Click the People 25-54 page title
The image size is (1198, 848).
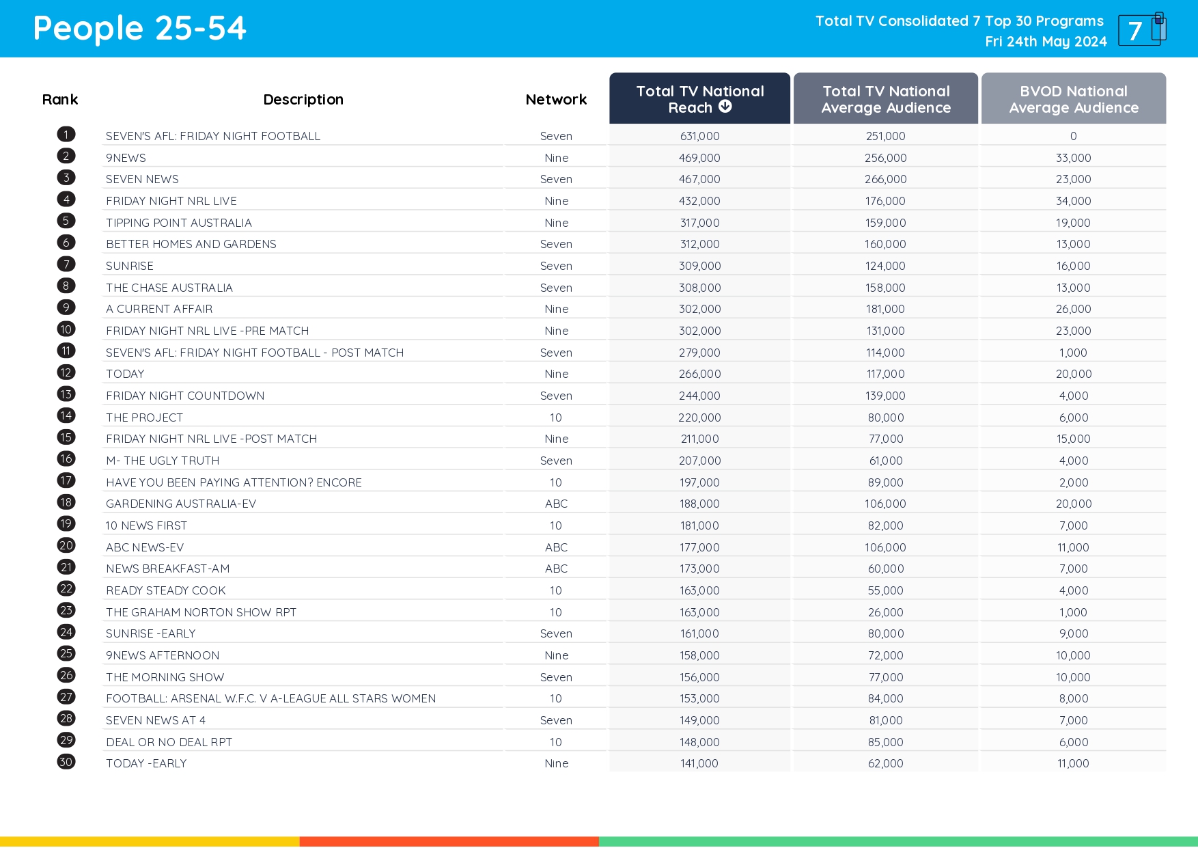click(x=139, y=29)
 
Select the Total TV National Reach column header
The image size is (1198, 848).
click(x=699, y=99)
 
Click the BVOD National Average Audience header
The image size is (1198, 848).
click(x=1073, y=99)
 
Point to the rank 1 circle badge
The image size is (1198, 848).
click(x=66, y=135)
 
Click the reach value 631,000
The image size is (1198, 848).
click(x=699, y=136)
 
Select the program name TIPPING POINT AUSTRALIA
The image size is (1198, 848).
click(x=179, y=223)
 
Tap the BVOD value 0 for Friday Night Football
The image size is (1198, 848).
click(x=1073, y=136)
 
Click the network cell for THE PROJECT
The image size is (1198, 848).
click(x=556, y=418)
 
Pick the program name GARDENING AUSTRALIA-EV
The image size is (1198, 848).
click(x=181, y=504)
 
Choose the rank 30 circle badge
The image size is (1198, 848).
click(x=66, y=762)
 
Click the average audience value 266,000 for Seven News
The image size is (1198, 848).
click(x=885, y=179)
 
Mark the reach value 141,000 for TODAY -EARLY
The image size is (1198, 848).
click(x=699, y=763)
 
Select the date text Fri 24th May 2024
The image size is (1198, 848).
click(x=1046, y=42)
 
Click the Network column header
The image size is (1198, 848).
click(x=556, y=100)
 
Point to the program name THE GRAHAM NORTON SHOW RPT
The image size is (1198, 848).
click(x=201, y=612)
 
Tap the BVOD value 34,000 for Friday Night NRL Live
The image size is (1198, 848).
click(x=1073, y=201)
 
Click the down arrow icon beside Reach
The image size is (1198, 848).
click(x=725, y=107)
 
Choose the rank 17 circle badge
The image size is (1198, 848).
click(x=66, y=480)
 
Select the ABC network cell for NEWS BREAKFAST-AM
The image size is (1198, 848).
click(x=556, y=569)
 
